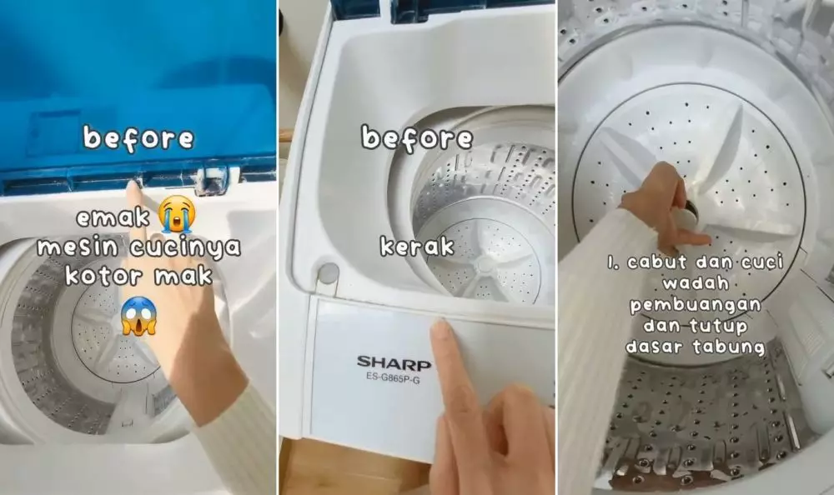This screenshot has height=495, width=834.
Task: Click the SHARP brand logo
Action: coord(394,362)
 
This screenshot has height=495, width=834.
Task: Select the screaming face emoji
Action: coord(138,316)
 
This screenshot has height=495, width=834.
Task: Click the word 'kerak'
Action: coord(416,246)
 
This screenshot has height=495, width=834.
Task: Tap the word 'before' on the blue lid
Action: coord(138,139)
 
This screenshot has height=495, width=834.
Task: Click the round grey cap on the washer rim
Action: coord(327,272)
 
